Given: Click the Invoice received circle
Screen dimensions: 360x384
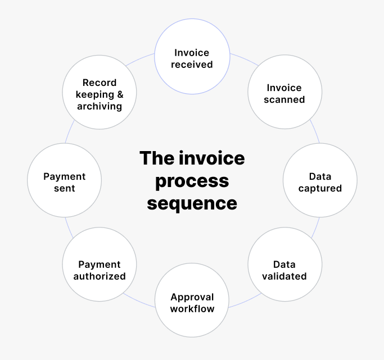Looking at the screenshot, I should pyautogui.click(x=192, y=58).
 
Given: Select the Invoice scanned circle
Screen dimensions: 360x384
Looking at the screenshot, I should pyautogui.click(x=284, y=93).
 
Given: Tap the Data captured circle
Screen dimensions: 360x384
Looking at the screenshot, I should pyautogui.click(x=320, y=182).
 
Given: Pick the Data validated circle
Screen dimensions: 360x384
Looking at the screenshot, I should pyautogui.click(x=284, y=270).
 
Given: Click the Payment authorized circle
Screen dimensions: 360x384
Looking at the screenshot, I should pyautogui.click(x=100, y=270).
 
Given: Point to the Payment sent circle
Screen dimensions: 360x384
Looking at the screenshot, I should pyautogui.click(x=64, y=182).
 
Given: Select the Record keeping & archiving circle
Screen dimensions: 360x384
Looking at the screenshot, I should pyautogui.click(x=100, y=93).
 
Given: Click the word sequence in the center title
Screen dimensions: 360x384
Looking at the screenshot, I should pyautogui.click(x=192, y=203).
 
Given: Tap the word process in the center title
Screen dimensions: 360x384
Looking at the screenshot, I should pyautogui.click(x=192, y=181).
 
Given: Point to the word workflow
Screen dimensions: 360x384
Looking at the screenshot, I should pyautogui.click(x=192, y=309).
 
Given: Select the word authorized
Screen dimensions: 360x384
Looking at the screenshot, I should pyautogui.click(x=100, y=276).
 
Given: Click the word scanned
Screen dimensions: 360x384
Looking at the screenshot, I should pyautogui.click(x=284, y=99).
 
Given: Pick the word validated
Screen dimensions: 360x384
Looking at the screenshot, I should pyautogui.click(x=284, y=276).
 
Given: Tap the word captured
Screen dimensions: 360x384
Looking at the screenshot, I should pyautogui.click(x=320, y=188).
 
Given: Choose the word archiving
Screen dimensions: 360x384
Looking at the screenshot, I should pyautogui.click(x=100, y=106).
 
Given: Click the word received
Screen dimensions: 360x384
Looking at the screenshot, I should pyautogui.click(x=192, y=64).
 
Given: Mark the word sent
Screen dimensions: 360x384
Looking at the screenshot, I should pyautogui.click(x=64, y=188).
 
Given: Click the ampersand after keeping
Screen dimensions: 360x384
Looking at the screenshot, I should pyautogui.click(x=120, y=94).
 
